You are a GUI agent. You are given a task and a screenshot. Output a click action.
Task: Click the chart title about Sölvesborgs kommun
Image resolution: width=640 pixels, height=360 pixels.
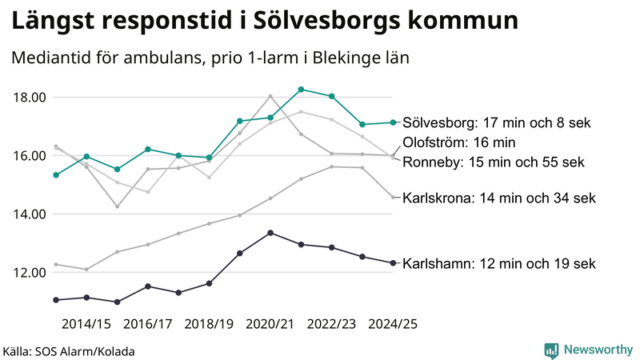tap(264, 22)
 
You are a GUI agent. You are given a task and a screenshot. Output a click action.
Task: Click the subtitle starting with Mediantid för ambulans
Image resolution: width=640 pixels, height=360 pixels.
tap(210, 59)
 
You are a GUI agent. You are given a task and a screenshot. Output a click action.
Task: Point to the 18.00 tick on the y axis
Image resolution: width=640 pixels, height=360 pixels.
tap(30, 98)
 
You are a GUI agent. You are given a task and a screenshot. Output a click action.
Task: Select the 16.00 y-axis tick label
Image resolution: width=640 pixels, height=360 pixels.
tap(30, 156)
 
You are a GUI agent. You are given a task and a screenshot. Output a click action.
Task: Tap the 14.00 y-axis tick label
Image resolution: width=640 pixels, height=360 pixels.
tap(30, 214)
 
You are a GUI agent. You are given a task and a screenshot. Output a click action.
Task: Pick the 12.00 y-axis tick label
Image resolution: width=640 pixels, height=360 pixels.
tap(30, 273)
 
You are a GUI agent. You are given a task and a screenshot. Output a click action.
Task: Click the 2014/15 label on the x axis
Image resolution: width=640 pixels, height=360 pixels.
tap(86, 324)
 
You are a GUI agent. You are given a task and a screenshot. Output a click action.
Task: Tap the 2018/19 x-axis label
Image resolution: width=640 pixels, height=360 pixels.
tap(209, 324)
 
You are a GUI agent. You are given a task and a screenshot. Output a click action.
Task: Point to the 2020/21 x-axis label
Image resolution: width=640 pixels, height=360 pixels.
tap(270, 324)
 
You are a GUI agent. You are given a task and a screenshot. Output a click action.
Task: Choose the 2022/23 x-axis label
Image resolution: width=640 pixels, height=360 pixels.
tap(331, 324)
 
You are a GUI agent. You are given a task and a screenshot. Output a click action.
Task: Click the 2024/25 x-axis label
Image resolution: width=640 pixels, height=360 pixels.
tap(393, 324)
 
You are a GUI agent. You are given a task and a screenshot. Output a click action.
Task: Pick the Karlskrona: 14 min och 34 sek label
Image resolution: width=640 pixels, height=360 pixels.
tap(499, 197)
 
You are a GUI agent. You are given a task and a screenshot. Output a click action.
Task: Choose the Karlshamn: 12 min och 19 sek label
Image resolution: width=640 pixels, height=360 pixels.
tap(499, 263)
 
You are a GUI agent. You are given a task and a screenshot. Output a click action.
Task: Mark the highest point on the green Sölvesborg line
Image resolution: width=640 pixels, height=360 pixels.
tap(301, 90)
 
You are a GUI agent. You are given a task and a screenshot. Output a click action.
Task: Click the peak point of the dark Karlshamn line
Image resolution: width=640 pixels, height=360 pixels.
tap(270, 233)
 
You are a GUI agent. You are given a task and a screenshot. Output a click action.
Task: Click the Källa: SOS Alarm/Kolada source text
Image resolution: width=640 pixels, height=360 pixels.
tap(69, 351)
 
